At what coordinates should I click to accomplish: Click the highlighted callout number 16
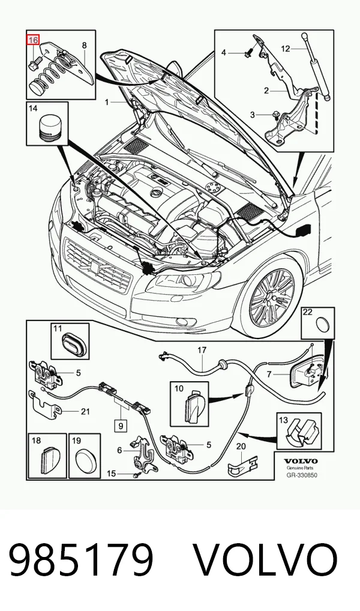tap(33, 40)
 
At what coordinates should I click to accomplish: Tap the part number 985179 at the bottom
tap(80, 561)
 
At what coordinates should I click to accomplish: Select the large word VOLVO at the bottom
tap(266, 561)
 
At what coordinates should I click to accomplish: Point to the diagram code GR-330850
tap(302, 475)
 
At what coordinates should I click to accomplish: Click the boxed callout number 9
tap(121, 426)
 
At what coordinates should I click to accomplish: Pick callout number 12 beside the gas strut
tap(286, 49)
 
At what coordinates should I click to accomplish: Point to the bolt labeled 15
tap(136, 475)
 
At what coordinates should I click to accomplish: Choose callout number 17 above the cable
tap(202, 351)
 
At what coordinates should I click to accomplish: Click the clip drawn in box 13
tap(302, 432)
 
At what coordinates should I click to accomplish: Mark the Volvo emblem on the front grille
tap(95, 266)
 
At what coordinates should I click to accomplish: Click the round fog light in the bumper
tap(182, 322)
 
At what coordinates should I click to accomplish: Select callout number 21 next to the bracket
tap(85, 412)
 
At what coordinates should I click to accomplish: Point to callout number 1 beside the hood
tap(107, 102)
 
